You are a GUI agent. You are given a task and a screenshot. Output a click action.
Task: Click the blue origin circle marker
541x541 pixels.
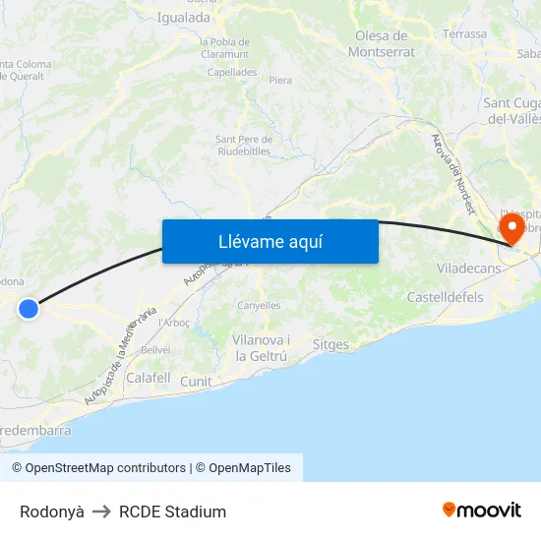pyautogui.click(x=29, y=309)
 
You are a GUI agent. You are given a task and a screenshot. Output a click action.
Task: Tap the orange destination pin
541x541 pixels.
pyautogui.click(x=512, y=229)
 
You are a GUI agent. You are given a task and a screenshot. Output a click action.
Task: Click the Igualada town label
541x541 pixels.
pyautogui.click(x=185, y=17)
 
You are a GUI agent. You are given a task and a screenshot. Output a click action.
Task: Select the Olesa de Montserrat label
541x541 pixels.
pyautogui.click(x=383, y=44)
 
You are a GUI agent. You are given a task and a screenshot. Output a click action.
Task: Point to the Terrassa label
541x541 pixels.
pyautogui.click(x=464, y=33)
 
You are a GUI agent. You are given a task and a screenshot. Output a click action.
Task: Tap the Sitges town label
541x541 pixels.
pyautogui.click(x=331, y=344)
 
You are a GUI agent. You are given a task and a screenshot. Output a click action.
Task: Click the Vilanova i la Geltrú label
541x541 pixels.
pyautogui.click(x=261, y=347)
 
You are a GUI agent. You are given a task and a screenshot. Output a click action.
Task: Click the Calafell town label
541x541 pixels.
pyautogui.click(x=149, y=377)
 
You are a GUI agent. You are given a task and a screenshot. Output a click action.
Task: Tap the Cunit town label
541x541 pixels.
pyautogui.click(x=196, y=381)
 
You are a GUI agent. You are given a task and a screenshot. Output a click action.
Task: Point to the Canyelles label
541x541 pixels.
pyautogui.click(x=259, y=305)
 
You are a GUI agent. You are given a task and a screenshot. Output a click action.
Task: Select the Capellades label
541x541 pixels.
pyautogui.click(x=232, y=72)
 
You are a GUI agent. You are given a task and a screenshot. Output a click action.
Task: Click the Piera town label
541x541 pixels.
pyautogui.click(x=280, y=80)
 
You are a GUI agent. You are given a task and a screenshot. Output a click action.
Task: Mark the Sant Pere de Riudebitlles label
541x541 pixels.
pyautogui.click(x=243, y=145)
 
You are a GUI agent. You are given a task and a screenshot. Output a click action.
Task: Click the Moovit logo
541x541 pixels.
pyautogui.click(x=482, y=510)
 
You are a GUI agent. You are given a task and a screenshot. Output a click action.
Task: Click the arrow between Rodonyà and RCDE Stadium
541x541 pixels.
pyautogui.click(x=101, y=511)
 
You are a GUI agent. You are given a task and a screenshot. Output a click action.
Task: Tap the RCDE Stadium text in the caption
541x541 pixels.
pyautogui.click(x=172, y=511)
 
